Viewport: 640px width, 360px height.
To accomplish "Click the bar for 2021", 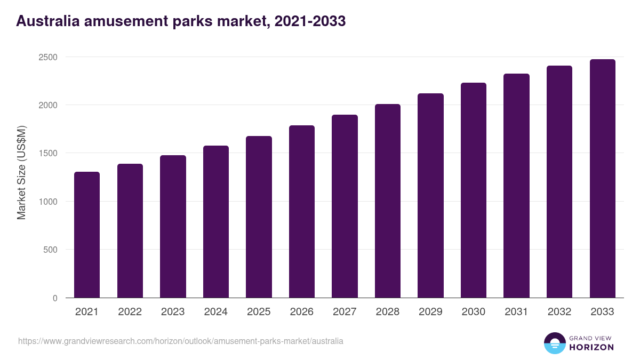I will click(x=87, y=235).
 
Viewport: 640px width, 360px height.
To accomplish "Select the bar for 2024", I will click(x=215, y=221).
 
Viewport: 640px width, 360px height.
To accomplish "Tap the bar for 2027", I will click(x=345, y=206).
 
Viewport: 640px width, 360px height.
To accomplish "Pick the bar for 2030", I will click(x=474, y=190).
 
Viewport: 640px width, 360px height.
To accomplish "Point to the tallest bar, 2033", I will click(x=602, y=178).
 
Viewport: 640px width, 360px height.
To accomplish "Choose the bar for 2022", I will click(x=130, y=230).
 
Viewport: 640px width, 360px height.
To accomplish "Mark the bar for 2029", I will click(x=430, y=195).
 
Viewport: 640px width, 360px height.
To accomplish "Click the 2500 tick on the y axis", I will click(x=47, y=57).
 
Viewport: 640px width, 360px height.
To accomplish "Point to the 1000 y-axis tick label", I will click(x=47, y=202).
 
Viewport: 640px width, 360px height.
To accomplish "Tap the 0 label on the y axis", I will click(x=55, y=298).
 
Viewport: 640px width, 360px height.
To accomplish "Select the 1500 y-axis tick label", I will click(x=47, y=154).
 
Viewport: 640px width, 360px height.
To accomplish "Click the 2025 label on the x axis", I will click(x=259, y=312).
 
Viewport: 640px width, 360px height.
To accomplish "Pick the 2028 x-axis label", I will click(x=388, y=312).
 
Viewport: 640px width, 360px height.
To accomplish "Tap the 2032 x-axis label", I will click(x=559, y=312).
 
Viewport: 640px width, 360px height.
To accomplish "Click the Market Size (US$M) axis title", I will click(x=21, y=172).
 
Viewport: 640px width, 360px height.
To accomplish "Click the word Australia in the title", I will click(x=48, y=21).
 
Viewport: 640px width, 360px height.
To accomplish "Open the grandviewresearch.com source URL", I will click(x=181, y=341).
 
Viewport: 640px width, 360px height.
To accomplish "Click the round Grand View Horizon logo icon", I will click(x=555, y=343).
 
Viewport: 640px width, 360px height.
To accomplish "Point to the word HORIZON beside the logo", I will click(x=591, y=347).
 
